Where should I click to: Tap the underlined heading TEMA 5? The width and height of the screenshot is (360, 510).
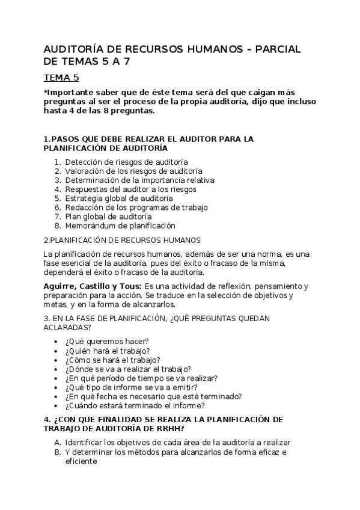[x=61, y=77]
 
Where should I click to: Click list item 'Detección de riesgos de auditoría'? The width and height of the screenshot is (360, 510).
[x=126, y=162]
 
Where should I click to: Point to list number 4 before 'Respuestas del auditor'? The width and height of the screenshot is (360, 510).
[x=57, y=189]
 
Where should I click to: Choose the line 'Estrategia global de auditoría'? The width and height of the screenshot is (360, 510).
[x=119, y=198]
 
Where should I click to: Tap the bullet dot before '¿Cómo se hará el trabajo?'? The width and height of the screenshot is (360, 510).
[x=56, y=360]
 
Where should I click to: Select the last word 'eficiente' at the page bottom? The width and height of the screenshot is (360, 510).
[x=81, y=461]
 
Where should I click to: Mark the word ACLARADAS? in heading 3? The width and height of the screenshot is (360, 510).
[x=67, y=327]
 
